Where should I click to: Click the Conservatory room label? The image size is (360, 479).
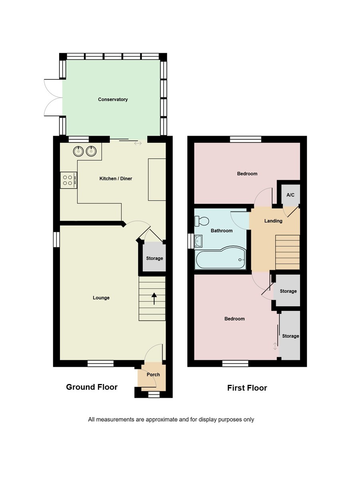(113, 99)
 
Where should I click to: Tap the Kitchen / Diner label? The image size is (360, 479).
(116, 178)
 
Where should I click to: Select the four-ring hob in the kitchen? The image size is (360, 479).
(69, 180)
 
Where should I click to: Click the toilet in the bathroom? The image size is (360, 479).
(202, 221)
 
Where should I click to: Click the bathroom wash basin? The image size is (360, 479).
(198, 241)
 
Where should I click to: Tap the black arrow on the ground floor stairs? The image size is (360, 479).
(154, 299)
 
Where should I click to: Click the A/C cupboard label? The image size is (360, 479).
(290, 195)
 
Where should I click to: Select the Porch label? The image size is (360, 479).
(153, 374)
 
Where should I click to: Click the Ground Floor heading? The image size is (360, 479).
(92, 387)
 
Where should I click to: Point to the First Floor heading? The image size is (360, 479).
(247, 388)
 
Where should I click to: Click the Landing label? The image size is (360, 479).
(273, 221)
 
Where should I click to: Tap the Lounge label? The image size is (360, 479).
(101, 298)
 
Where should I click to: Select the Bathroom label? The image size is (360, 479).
(221, 231)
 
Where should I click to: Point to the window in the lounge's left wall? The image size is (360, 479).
(56, 239)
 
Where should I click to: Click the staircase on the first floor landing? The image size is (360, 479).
(287, 252)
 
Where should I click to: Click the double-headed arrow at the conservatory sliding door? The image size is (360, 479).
(138, 143)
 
